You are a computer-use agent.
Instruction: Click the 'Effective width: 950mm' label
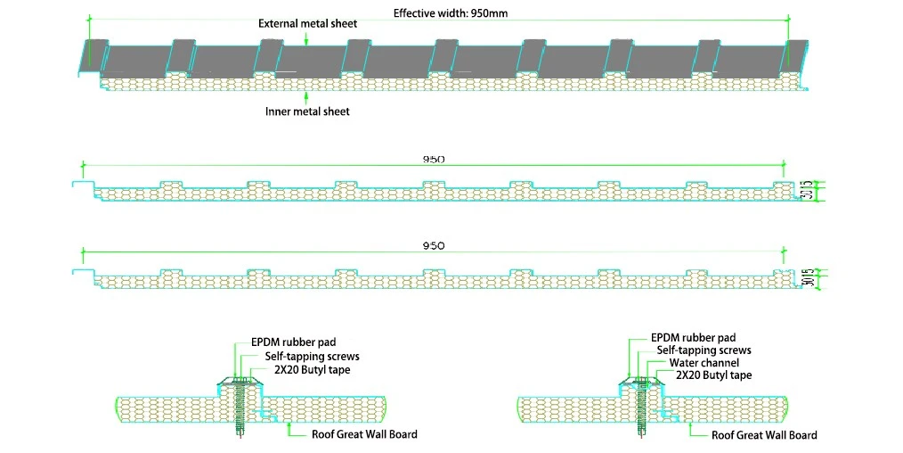click(x=451, y=12)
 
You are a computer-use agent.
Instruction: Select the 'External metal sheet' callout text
click(x=307, y=23)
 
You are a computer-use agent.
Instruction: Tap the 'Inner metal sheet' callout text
click(x=307, y=111)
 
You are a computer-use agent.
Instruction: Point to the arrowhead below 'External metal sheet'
click(x=306, y=42)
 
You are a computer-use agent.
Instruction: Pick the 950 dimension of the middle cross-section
click(x=434, y=160)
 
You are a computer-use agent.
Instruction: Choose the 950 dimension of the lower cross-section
click(x=434, y=246)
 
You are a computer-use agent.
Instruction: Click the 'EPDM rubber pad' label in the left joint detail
click(x=294, y=342)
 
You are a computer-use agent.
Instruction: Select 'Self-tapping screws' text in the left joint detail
click(x=313, y=356)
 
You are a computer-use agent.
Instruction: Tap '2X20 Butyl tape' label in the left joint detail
click(x=312, y=369)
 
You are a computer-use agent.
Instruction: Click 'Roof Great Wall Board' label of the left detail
click(x=364, y=434)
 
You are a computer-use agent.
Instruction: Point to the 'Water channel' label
click(x=704, y=363)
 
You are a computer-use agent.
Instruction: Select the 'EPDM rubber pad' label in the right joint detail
click(x=694, y=338)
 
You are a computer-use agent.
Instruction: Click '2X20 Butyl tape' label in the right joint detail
click(x=714, y=375)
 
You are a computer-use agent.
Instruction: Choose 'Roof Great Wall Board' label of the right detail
click(x=764, y=435)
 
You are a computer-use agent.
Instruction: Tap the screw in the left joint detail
click(x=240, y=409)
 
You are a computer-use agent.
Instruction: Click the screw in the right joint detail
click(x=641, y=409)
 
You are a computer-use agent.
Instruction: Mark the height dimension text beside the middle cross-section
click(x=808, y=190)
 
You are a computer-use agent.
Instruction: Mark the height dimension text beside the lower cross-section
click(x=808, y=278)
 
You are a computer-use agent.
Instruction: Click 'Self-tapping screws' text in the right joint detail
click(x=704, y=350)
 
